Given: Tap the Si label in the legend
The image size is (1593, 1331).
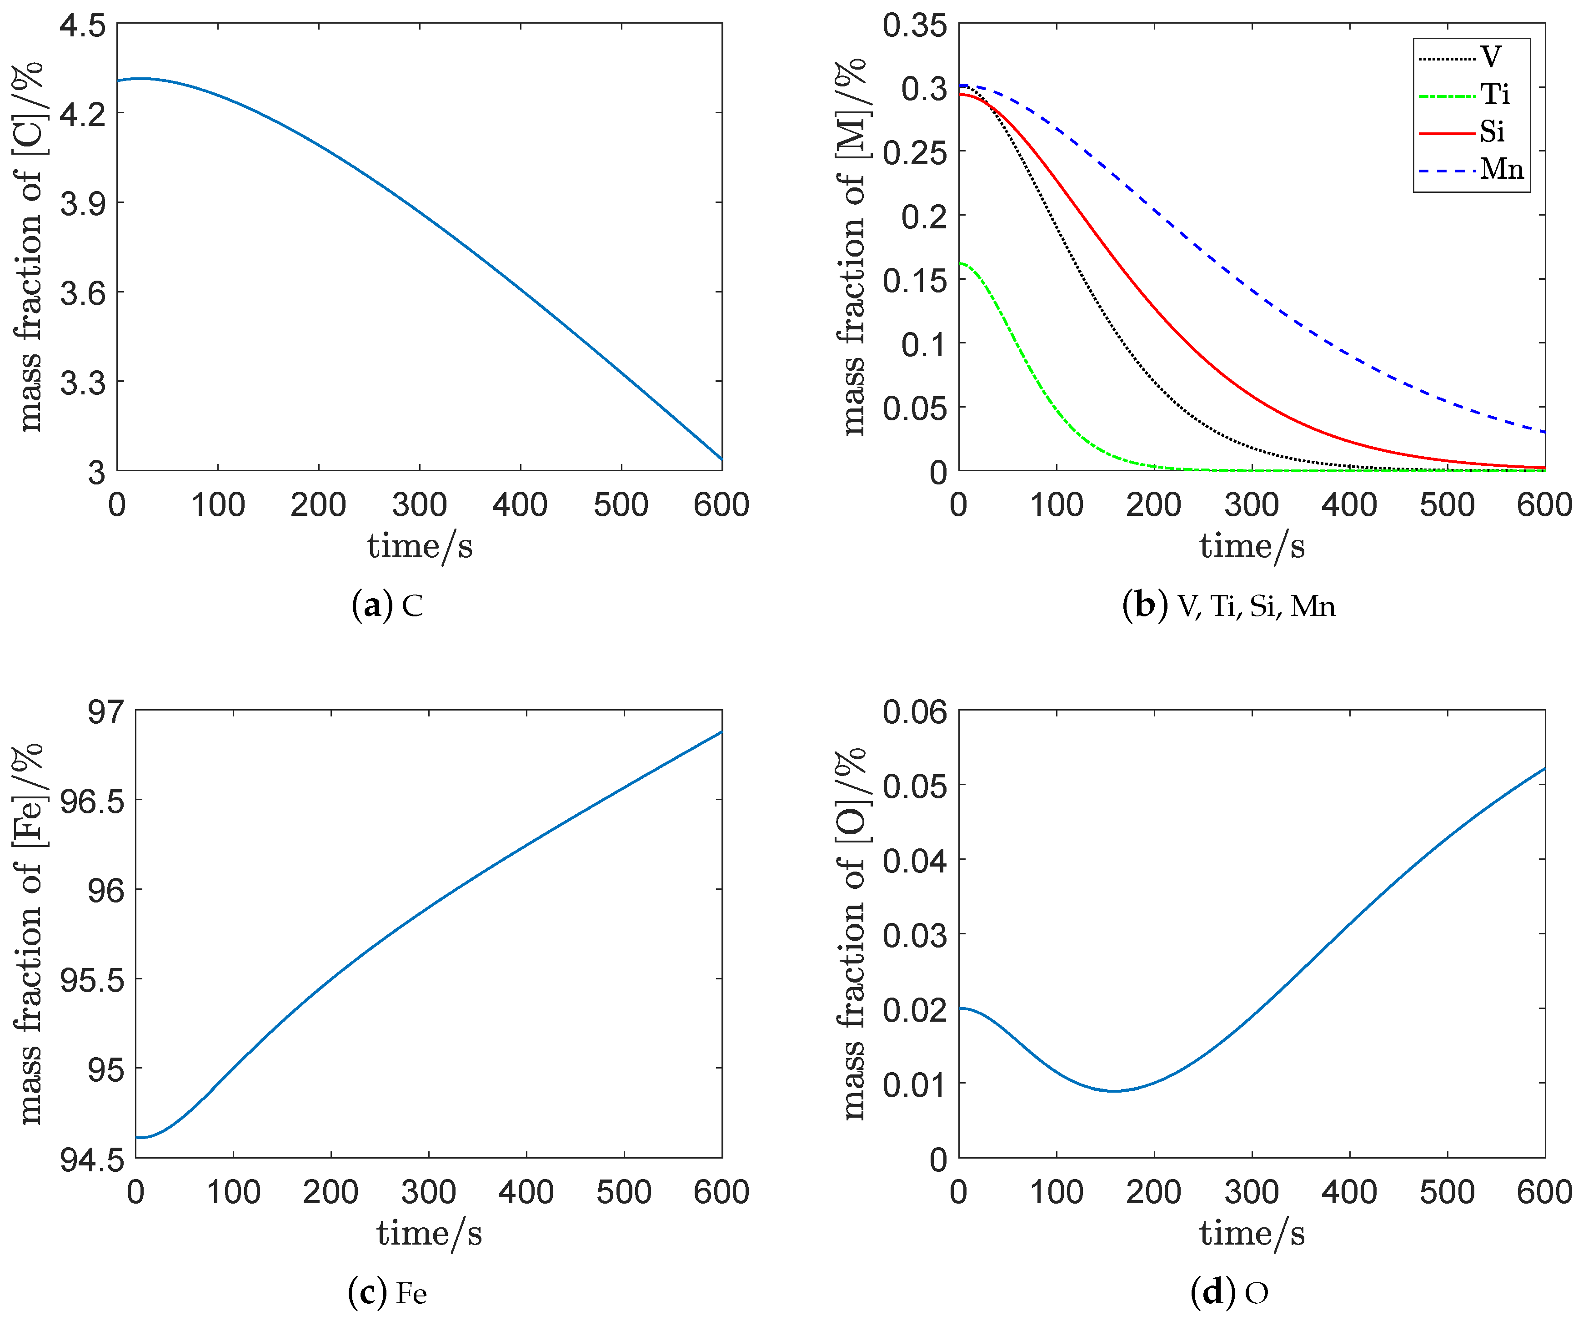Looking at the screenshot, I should (1491, 132).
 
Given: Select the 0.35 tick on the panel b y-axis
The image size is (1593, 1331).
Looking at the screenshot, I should (915, 26).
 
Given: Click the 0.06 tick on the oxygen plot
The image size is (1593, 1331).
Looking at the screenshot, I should (915, 712).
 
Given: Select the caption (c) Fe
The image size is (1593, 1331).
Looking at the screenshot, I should (388, 1292).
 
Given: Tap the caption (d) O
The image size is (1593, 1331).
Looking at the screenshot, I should (1229, 1292).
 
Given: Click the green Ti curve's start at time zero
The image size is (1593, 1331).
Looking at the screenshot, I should (960, 263).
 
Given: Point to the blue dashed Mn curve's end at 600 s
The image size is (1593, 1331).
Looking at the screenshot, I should (1544, 432).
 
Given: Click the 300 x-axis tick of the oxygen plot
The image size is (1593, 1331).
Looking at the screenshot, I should (1252, 1192).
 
